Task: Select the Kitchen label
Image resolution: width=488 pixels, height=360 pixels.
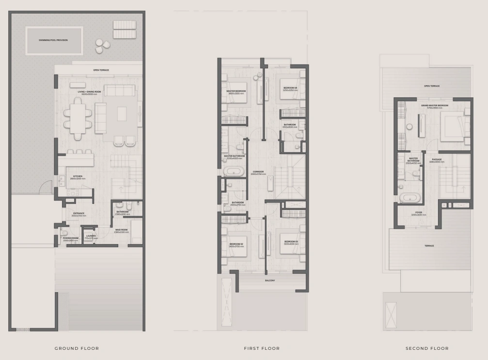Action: point(78,177)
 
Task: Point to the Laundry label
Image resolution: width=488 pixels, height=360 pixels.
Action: point(91,236)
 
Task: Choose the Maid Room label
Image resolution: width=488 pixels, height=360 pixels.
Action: point(121,231)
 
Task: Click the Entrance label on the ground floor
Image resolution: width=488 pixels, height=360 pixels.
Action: point(79,214)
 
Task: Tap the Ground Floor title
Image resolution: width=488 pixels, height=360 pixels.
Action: point(77,348)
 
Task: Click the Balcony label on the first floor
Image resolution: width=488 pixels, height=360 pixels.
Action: point(270,281)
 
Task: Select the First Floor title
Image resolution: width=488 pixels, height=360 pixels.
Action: point(262,348)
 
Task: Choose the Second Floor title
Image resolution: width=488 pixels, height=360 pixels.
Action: point(427,348)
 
